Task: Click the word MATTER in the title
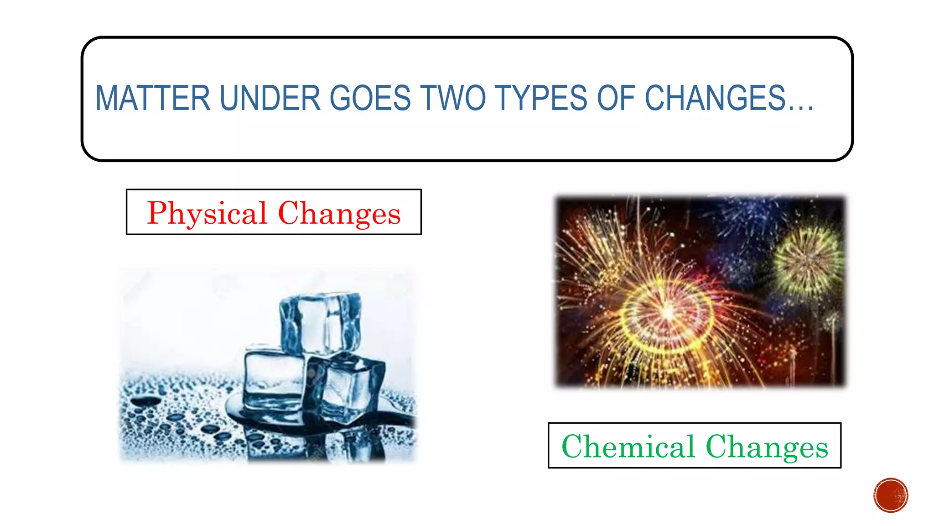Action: coord(153,98)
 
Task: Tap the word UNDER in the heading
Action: coord(270,98)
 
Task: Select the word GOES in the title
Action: coord(370,98)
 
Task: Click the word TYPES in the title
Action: coord(541,98)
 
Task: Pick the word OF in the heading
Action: coord(616,98)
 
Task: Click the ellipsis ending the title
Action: coord(800,108)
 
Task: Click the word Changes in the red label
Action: coord(339,213)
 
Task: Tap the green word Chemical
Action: coord(628,447)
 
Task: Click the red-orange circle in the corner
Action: coord(891,495)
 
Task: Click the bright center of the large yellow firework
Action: coord(668,313)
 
